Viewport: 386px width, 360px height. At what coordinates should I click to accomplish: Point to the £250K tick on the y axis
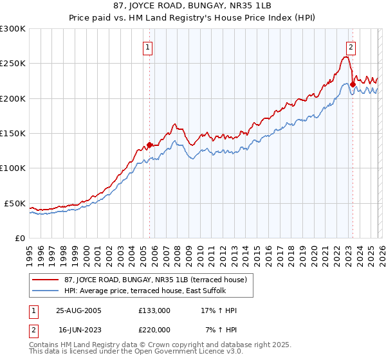[13, 64]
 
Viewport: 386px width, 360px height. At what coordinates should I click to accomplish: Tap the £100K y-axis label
[13, 168]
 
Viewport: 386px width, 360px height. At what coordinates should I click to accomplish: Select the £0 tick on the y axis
[19, 238]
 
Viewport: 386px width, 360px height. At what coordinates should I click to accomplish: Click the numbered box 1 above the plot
[149, 47]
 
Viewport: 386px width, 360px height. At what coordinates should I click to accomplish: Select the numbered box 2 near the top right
[351, 47]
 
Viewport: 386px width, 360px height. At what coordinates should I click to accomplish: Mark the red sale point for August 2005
[149, 145]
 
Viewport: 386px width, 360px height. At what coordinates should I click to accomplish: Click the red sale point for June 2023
[353, 84]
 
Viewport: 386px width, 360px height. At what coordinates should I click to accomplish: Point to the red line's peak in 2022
[346, 57]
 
